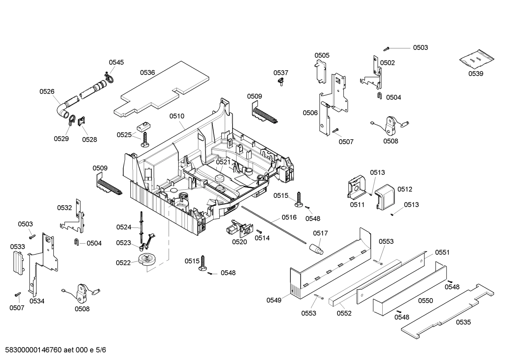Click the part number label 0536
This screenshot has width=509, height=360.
point(147,73)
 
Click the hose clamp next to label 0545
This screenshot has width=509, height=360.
point(109,78)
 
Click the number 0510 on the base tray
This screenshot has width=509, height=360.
point(176,116)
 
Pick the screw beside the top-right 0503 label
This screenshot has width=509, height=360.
point(387,48)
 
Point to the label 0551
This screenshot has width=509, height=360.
point(442,252)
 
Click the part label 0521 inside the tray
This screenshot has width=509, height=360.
point(223,162)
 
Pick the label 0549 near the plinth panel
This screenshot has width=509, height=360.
point(274,300)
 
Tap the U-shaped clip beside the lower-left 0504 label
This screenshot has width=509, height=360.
point(76,242)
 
